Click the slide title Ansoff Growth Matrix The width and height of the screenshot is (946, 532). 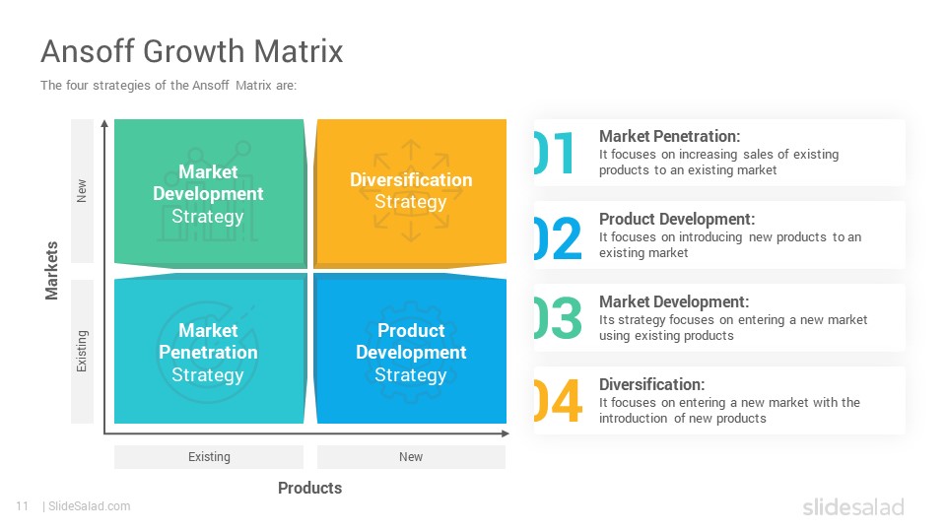pos(192,50)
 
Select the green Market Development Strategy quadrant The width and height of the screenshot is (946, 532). pos(210,193)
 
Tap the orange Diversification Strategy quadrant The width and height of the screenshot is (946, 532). pos(410,193)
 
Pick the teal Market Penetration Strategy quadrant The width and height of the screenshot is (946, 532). pos(210,349)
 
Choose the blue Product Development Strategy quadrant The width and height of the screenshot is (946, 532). pos(410,349)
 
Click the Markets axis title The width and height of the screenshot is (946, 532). pos(52,270)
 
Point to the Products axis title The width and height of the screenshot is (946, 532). pos(309,488)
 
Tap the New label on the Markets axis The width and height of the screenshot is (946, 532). pos(82,190)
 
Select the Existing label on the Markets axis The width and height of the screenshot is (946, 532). pos(82,351)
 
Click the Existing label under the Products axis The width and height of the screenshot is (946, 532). pos(209,456)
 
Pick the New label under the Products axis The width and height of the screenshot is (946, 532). pos(411,456)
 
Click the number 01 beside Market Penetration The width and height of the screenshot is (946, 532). pos(554,154)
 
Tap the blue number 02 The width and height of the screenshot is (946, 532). pos(558,237)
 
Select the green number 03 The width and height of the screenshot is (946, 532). pos(558,318)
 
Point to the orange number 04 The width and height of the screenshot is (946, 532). pos(558,401)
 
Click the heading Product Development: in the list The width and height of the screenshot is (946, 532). pos(676,219)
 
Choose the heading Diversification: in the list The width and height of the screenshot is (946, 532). pos(651,384)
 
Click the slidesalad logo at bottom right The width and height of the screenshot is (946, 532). pos(853,506)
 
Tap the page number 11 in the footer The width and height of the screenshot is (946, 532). pos(23,506)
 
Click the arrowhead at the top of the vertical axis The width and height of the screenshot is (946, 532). pos(105,123)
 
